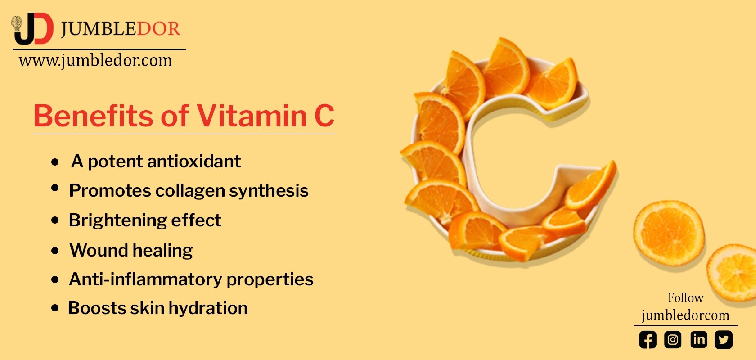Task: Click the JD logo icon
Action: (x=33, y=29)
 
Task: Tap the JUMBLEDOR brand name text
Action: (x=120, y=29)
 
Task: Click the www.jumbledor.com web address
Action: (x=95, y=60)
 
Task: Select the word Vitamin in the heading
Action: (x=252, y=116)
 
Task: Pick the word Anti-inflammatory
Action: (x=145, y=279)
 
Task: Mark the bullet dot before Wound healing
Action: (x=55, y=251)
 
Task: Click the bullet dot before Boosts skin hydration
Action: (x=55, y=308)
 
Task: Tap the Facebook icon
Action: (x=648, y=340)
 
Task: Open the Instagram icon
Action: (x=673, y=339)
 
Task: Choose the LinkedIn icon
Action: (x=698, y=339)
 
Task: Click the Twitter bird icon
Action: (x=724, y=339)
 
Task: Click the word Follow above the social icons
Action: (x=685, y=297)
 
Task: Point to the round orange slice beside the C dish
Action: (x=669, y=233)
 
